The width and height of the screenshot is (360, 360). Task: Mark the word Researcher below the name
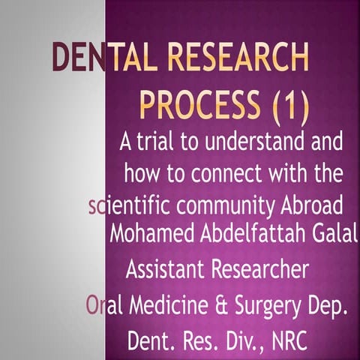click(x=257, y=268)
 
